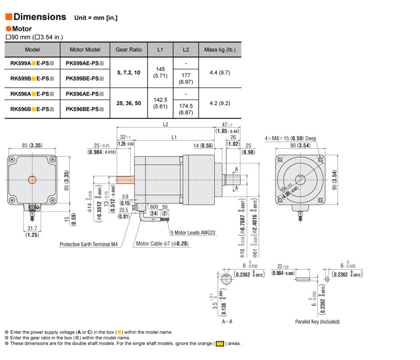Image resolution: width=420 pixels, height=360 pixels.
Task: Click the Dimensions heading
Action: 39,17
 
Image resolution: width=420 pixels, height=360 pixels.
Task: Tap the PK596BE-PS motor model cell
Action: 85,109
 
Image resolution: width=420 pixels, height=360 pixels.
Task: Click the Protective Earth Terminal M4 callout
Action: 88,244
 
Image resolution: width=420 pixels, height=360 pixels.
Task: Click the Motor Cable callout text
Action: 162,244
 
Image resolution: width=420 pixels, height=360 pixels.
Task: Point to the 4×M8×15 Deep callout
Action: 291,138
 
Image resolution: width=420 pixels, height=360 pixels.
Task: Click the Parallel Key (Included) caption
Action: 317,322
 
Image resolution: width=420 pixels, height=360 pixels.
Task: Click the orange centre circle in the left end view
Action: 33,180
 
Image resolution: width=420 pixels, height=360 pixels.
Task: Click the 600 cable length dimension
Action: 153,207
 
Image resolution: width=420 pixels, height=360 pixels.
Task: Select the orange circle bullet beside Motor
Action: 8,29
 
